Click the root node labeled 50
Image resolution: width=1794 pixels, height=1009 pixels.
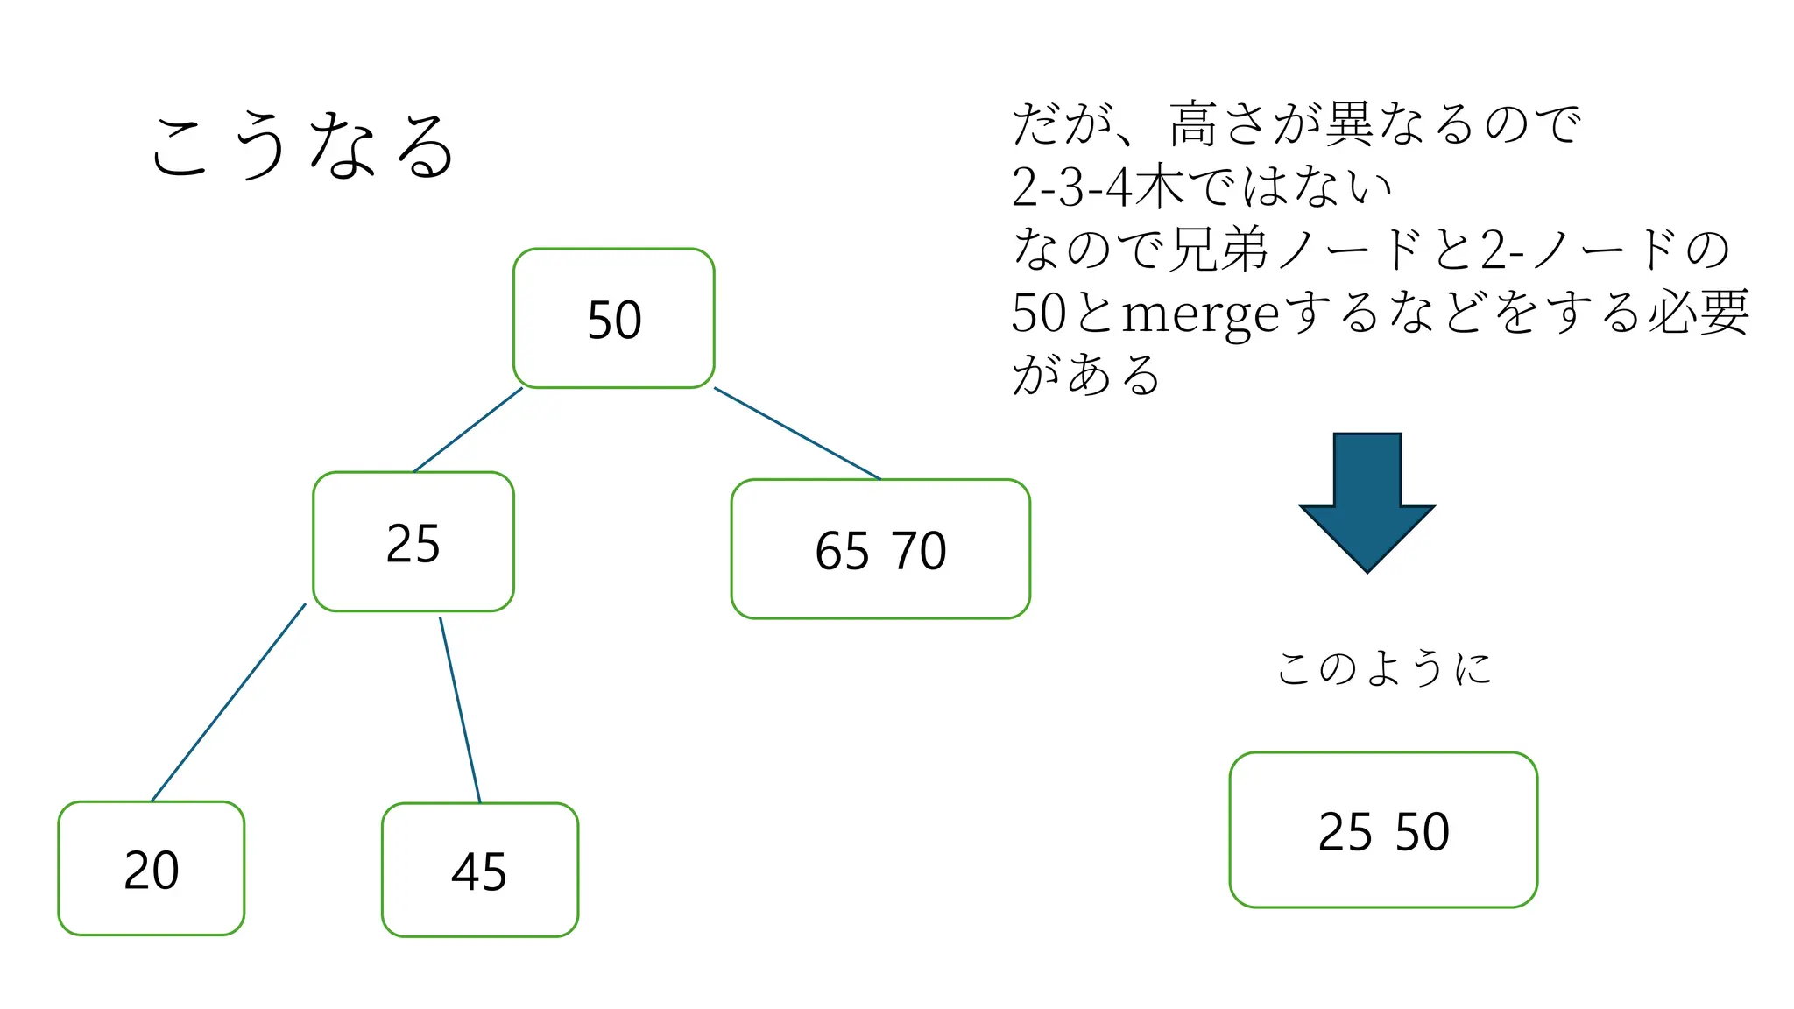coord(613,318)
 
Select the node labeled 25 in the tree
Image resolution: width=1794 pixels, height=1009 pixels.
coord(413,541)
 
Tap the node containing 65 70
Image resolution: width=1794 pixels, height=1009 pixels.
coord(879,549)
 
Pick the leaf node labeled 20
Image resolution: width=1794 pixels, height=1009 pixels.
coord(151,868)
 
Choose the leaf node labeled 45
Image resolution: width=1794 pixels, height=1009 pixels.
coord(479,870)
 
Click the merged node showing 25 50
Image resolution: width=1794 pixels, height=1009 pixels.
coord(1382,829)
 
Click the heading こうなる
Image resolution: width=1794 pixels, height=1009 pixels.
coord(302,145)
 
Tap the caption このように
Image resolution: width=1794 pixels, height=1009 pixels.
coord(1384,668)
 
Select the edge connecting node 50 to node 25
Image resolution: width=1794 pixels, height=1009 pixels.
coord(468,430)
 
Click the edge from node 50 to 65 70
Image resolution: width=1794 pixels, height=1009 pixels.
coord(797,434)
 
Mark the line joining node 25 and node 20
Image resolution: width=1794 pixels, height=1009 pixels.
coord(228,702)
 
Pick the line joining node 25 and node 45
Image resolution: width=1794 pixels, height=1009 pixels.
coord(460,709)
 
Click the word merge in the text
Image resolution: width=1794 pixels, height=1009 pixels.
coord(1200,314)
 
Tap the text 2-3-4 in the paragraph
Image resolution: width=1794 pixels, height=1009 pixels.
coord(1071,187)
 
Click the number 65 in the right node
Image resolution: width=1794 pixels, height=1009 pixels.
coord(842,550)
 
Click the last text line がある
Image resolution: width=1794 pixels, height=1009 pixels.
coord(1086,375)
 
